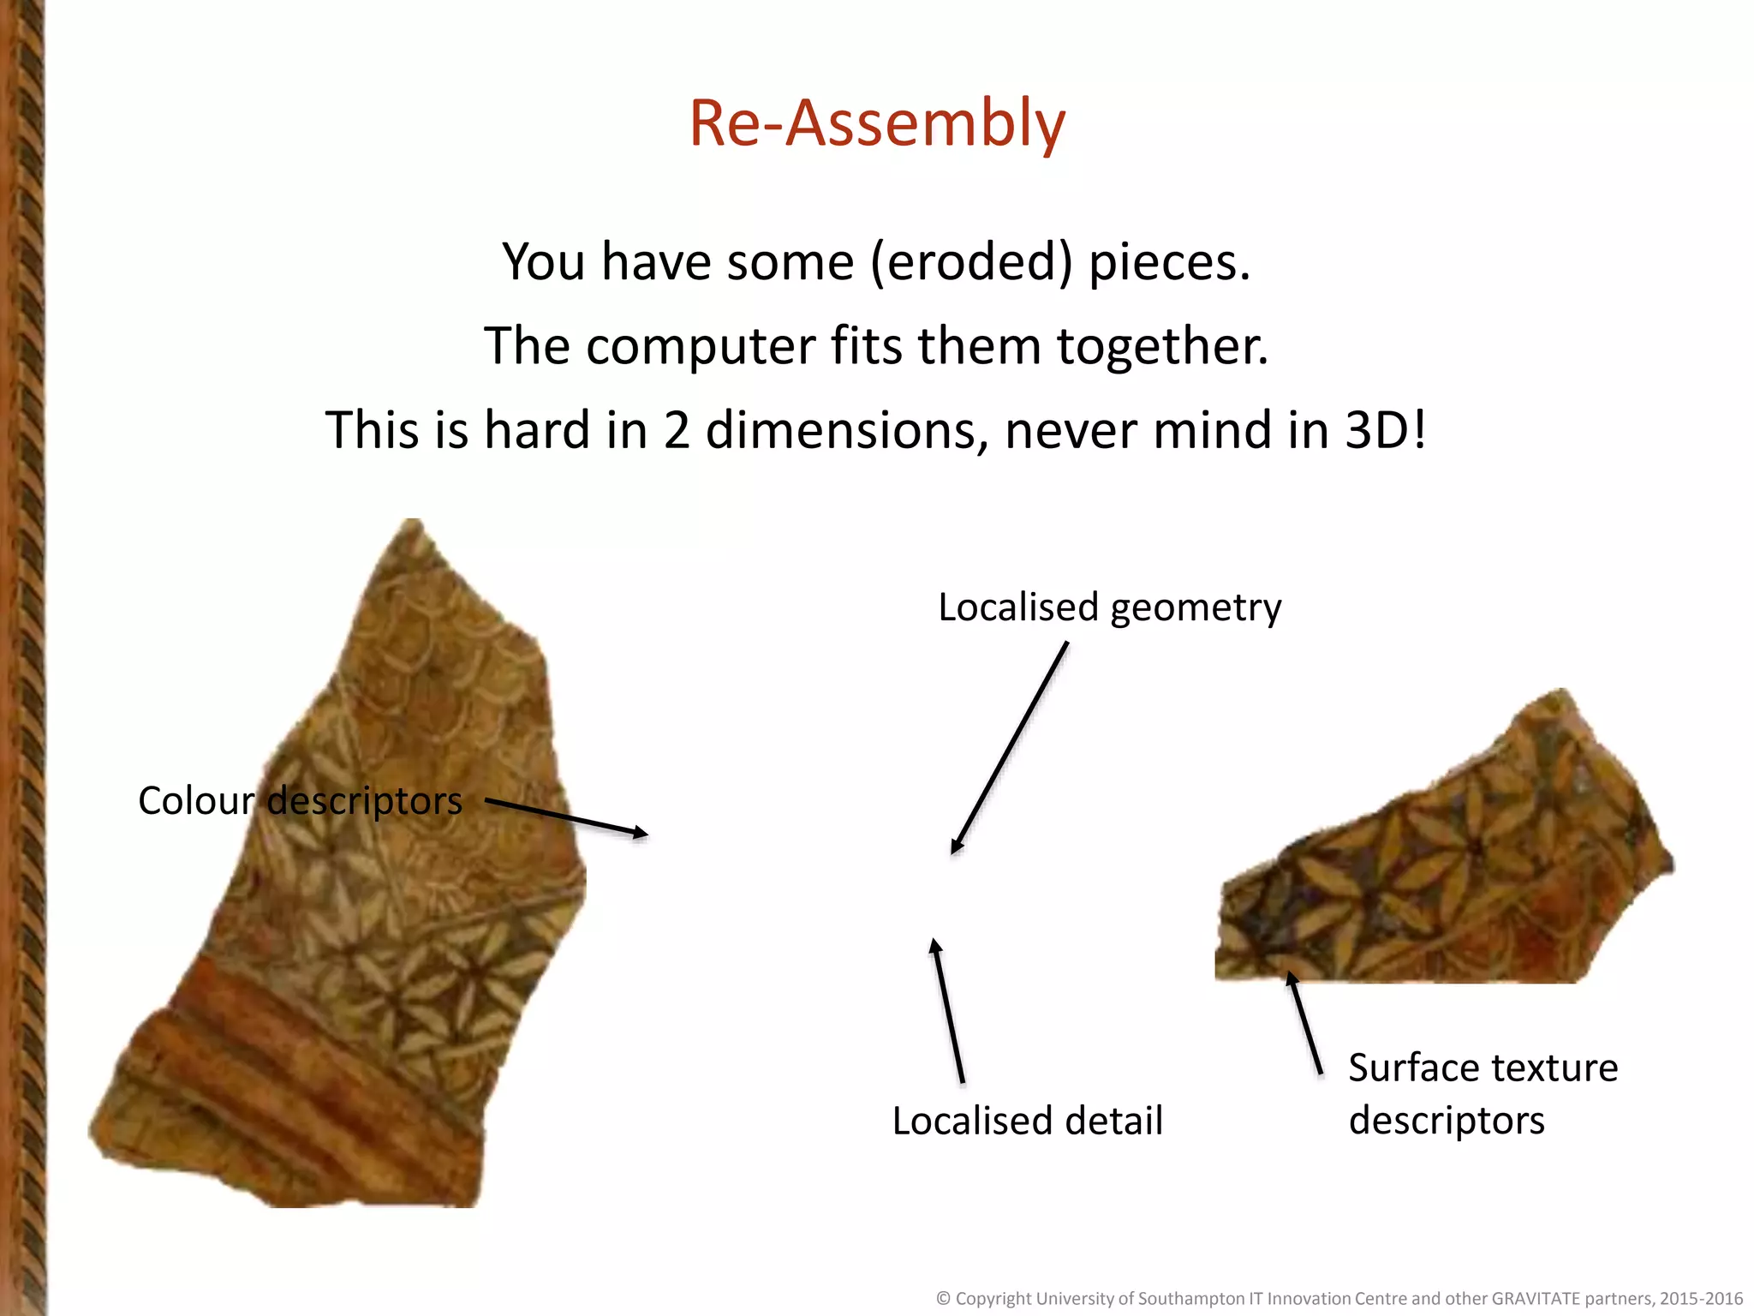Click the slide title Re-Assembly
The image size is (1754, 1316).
(x=877, y=123)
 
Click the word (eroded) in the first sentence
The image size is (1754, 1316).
(x=971, y=262)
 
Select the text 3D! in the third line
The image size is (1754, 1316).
(x=1385, y=430)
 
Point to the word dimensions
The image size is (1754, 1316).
(x=840, y=430)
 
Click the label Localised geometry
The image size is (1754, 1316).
(x=1109, y=607)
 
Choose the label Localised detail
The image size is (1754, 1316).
(x=1027, y=1121)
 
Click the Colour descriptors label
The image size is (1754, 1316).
(x=300, y=801)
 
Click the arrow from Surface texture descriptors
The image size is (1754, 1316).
(x=1305, y=1024)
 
